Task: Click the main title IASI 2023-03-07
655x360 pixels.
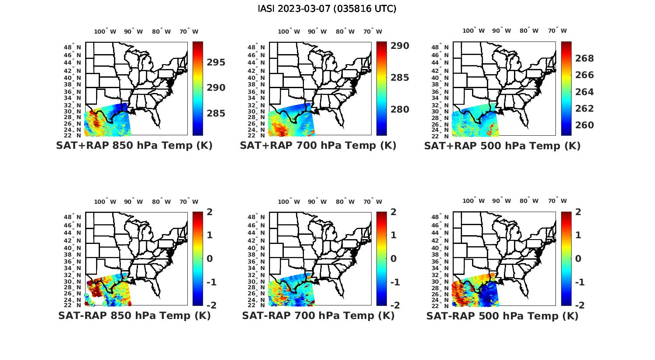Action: pos(327,9)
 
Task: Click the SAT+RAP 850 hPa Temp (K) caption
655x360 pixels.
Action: pos(134,146)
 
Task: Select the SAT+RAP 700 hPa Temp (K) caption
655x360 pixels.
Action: pos(318,146)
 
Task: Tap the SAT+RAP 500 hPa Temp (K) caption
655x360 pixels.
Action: pos(502,146)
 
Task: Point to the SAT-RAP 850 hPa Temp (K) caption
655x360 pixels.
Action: pos(134,315)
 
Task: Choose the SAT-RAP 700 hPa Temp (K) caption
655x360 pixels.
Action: pos(318,315)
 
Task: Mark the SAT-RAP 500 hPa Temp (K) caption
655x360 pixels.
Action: pos(502,315)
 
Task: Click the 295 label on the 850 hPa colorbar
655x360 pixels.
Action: pos(216,62)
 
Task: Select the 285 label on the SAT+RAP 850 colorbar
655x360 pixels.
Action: pos(216,113)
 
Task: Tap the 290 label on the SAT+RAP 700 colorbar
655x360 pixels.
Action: pos(400,46)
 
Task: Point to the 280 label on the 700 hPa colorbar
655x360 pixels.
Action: pos(400,110)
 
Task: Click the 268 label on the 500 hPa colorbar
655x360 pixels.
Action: pos(584,58)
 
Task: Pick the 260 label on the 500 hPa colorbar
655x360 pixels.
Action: pos(584,125)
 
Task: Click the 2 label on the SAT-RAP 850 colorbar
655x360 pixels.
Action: pos(210,212)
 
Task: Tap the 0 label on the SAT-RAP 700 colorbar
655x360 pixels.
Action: pos(393,258)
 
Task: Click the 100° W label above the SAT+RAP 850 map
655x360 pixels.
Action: pos(105,31)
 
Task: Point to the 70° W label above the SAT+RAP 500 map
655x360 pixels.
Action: pos(557,31)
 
